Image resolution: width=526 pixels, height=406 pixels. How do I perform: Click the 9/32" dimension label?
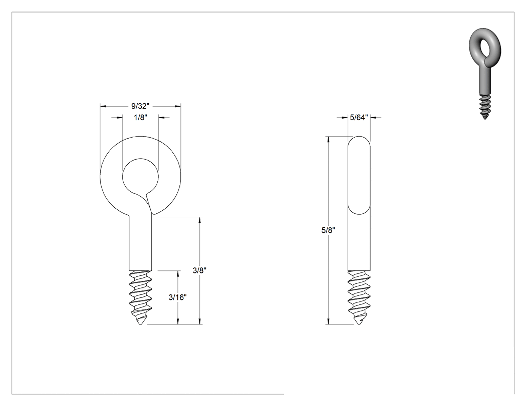pos(140,106)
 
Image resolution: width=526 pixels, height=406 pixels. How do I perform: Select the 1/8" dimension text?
pos(141,118)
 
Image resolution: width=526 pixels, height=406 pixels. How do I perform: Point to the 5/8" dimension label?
pos(328,230)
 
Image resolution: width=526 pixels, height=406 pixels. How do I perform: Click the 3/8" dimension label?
pos(199,270)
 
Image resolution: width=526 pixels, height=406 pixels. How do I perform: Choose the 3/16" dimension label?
pos(177,297)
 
